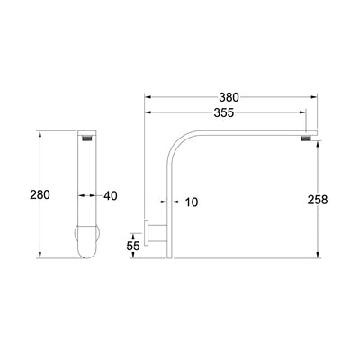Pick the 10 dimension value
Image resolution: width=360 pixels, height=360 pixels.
click(x=191, y=202)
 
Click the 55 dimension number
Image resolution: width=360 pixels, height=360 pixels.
click(x=133, y=245)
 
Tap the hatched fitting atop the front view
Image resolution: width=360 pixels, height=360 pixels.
click(x=87, y=139)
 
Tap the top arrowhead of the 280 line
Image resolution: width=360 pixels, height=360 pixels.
click(x=39, y=131)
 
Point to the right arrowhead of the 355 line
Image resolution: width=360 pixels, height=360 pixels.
click(x=306, y=112)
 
